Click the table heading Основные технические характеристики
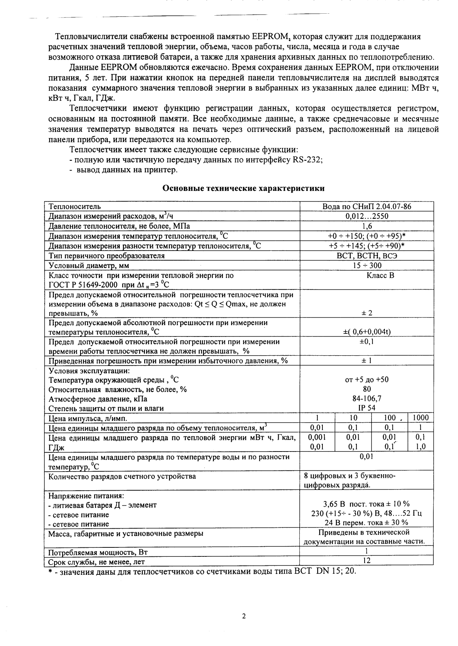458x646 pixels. (243, 189)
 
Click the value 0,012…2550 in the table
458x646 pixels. (367, 216)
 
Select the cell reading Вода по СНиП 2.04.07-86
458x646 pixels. (367, 207)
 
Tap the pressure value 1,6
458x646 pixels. (367, 226)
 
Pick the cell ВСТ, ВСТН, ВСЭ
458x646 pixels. (367, 256)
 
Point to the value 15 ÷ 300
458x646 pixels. (367, 265)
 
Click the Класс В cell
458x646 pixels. (380, 275)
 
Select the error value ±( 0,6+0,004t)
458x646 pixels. (367, 332)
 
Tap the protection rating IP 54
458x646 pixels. (367, 408)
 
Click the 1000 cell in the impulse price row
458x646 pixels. (420, 417)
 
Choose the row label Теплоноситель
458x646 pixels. (75, 207)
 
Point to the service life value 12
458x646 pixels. (367, 560)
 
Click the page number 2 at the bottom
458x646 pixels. (244, 616)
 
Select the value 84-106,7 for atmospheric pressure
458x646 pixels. (367, 399)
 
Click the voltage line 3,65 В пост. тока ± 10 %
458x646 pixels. (367, 504)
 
